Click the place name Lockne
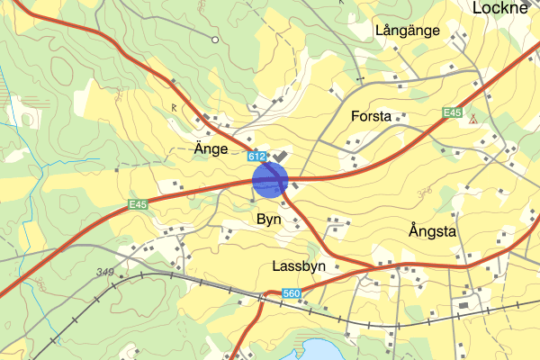(x=506, y=8)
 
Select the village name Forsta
(x=372, y=116)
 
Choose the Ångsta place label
(x=432, y=231)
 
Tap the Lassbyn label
(x=297, y=267)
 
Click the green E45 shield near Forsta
(x=452, y=113)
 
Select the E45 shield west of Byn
(x=137, y=204)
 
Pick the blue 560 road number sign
(x=291, y=293)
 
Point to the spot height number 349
(x=106, y=272)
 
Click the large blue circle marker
(x=269, y=178)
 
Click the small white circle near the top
(x=214, y=40)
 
